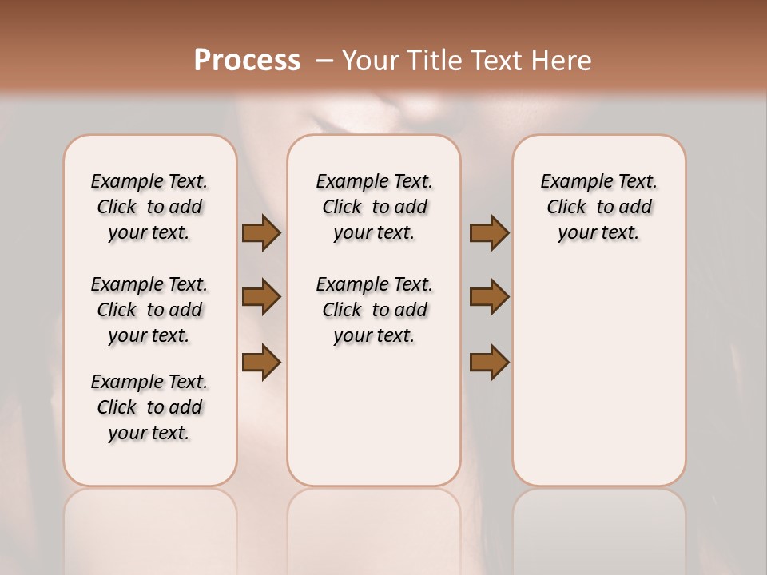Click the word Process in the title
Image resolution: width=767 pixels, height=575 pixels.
click(247, 60)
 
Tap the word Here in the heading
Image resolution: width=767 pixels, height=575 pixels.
click(562, 60)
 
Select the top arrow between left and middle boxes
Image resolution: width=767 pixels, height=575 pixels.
click(261, 233)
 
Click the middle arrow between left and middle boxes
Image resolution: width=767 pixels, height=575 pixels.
click(261, 297)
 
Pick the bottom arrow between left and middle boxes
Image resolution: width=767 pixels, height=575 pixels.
click(261, 362)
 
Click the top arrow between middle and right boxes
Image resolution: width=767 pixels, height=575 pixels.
click(489, 233)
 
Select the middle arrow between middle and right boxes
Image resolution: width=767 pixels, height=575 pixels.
click(489, 297)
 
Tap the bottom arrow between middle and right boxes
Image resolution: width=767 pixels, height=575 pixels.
click(489, 362)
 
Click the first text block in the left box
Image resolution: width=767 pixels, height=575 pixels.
click(149, 207)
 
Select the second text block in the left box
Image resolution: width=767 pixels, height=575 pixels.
click(149, 310)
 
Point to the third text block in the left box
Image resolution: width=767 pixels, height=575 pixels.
click(149, 407)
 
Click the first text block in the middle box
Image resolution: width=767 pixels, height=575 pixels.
click(375, 207)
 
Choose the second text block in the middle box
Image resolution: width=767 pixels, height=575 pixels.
click(375, 310)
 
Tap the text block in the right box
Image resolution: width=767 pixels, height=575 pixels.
click(599, 207)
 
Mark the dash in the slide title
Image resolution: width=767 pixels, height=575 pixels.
click(324, 60)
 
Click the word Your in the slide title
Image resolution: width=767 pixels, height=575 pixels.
click(372, 60)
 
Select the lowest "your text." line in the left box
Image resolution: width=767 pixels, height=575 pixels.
click(149, 433)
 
